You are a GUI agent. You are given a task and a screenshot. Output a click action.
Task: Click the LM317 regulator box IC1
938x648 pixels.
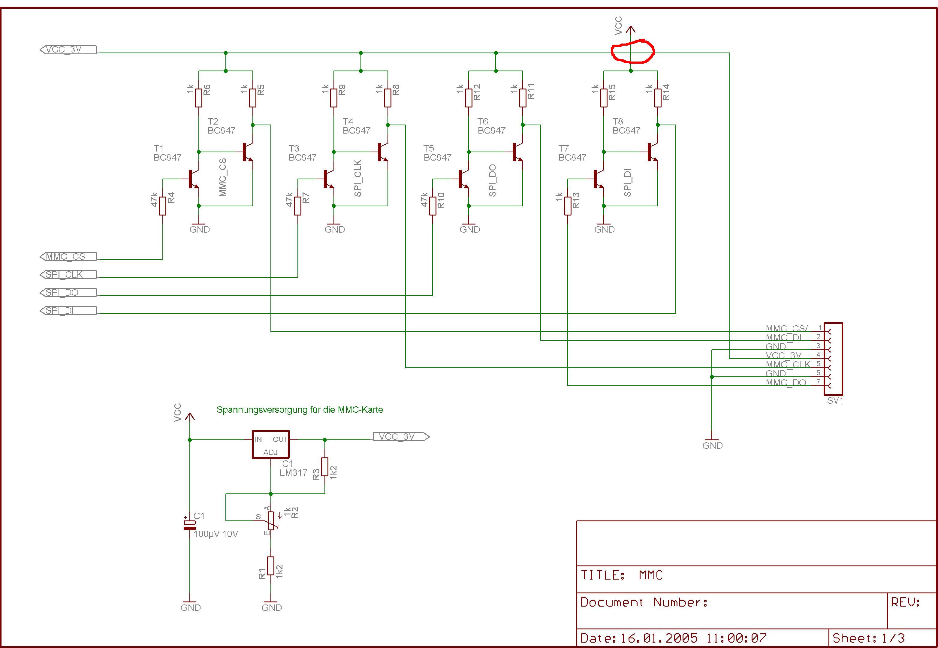click(270, 445)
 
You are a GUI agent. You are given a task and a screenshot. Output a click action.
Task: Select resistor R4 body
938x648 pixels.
click(162, 206)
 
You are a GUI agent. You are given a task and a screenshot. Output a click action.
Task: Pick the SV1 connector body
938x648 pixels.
click(833, 358)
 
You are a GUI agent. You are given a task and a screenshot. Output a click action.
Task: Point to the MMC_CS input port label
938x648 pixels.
click(68, 257)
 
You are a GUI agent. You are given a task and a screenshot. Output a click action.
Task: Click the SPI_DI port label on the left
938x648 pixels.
click(68, 311)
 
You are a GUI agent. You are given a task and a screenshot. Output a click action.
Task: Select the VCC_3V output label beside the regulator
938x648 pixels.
click(400, 437)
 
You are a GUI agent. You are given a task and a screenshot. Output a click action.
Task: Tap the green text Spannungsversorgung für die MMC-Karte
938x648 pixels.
click(300, 410)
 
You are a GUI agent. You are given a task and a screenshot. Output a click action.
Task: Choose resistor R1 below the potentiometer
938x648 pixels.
click(270, 566)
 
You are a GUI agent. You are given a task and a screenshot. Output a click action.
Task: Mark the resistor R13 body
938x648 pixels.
click(568, 206)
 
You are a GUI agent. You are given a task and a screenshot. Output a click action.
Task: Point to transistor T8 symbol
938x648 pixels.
click(652, 152)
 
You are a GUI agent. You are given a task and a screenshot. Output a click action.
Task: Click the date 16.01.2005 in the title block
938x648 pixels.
click(659, 638)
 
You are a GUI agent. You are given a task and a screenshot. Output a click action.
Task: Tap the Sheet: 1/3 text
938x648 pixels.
click(868, 638)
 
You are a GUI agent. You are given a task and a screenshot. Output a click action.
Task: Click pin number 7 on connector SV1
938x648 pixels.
click(819, 382)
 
